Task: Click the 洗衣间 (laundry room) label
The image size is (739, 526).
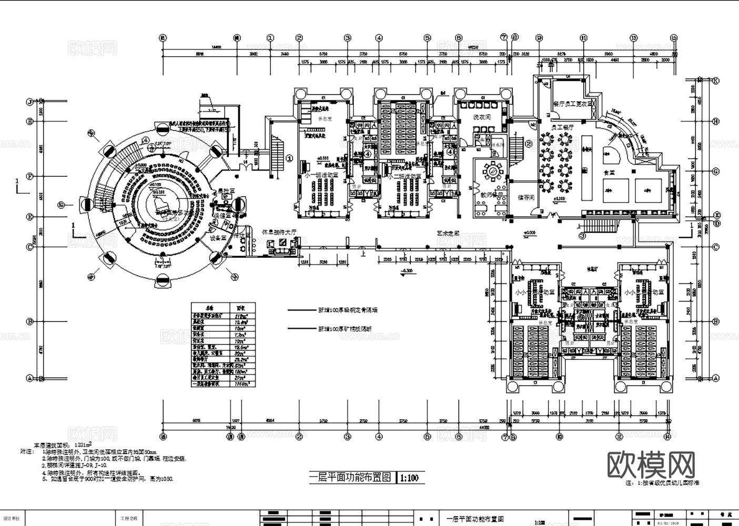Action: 481,117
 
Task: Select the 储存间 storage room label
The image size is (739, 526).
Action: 525,198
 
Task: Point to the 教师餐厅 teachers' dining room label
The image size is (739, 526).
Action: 490,194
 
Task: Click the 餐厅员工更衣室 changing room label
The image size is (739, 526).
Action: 573,104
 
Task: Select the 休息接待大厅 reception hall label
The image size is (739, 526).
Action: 279,232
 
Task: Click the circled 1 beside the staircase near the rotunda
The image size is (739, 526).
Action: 289,157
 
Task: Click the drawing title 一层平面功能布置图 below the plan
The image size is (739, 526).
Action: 350,478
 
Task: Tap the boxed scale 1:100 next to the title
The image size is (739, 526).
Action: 409,478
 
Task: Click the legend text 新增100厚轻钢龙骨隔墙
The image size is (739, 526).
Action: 347,310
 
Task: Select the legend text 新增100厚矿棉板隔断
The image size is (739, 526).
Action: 345,329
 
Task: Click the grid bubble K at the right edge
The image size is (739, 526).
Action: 715,81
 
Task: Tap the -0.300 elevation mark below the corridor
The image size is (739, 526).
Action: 407,271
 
